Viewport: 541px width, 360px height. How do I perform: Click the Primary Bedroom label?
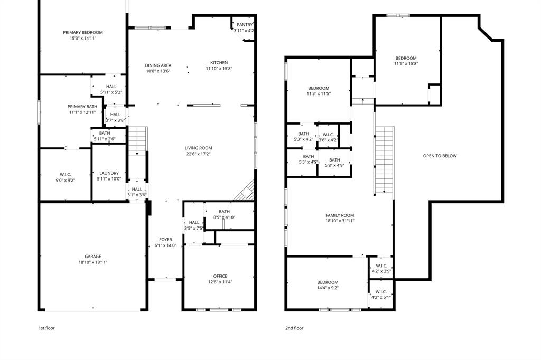pyautogui.click(x=82, y=33)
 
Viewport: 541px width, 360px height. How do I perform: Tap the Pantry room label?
pyautogui.click(x=244, y=25)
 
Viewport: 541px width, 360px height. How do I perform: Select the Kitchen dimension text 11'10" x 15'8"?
pyautogui.click(x=219, y=69)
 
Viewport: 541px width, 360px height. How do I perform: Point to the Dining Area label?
pyautogui.click(x=158, y=65)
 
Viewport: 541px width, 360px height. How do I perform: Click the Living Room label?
pyautogui.click(x=198, y=148)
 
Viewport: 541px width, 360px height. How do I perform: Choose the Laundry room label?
pyautogui.click(x=109, y=173)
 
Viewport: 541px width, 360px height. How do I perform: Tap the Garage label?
pyautogui.click(x=93, y=257)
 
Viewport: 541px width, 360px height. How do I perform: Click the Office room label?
pyautogui.click(x=220, y=276)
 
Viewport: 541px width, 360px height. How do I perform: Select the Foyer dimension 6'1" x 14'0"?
pyautogui.click(x=165, y=245)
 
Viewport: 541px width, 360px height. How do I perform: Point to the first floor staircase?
pyautogui.click(x=137, y=140)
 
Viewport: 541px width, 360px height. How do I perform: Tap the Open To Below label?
pyautogui.click(x=440, y=156)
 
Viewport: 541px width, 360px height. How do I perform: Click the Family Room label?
pyautogui.click(x=339, y=215)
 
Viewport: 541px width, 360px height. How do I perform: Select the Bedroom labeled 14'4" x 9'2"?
pyautogui.click(x=328, y=282)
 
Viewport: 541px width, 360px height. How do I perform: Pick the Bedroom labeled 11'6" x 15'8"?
pyautogui.click(x=406, y=58)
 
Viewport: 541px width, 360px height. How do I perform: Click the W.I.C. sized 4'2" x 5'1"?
pyautogui.click(x=381, y=292)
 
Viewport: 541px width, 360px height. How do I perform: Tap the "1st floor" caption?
pyautogui.click(x=46, y=328)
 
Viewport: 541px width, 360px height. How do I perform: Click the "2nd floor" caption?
pyautogui.click(x=294, y=328)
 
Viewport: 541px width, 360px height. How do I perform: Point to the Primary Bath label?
pyautogui.click(x=82, y=107)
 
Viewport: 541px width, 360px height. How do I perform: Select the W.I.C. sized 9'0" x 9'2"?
pyautogui.click(x=65, y=174)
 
